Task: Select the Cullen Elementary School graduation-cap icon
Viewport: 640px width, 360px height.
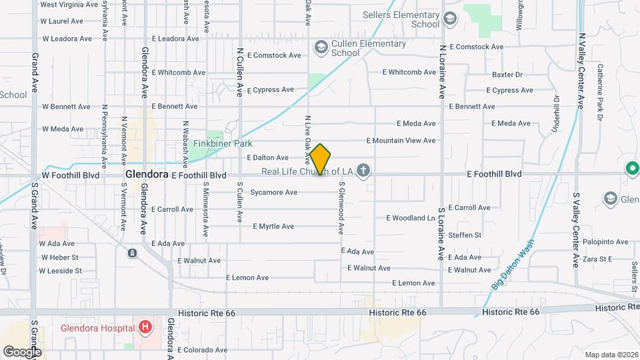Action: [x=321, y=47]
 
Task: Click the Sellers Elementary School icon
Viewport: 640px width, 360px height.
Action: [x=449, y=19]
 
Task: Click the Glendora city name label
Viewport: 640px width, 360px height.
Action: [x=146, y=174]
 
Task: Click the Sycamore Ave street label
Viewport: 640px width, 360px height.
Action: [x=273, y=193]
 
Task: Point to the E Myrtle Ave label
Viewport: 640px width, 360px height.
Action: [x=273, y=227]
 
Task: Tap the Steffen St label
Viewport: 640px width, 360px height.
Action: [x=465, y=235]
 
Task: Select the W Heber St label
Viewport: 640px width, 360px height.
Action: [x=59, y=257]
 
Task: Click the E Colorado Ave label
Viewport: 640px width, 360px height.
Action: [x=203, y=350]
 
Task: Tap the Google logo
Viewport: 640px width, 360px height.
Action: [x=21, y=351]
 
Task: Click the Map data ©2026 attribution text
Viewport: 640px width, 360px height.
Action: [x=611, y=354]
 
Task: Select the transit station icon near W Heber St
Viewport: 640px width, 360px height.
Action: [x=133, y=253]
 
